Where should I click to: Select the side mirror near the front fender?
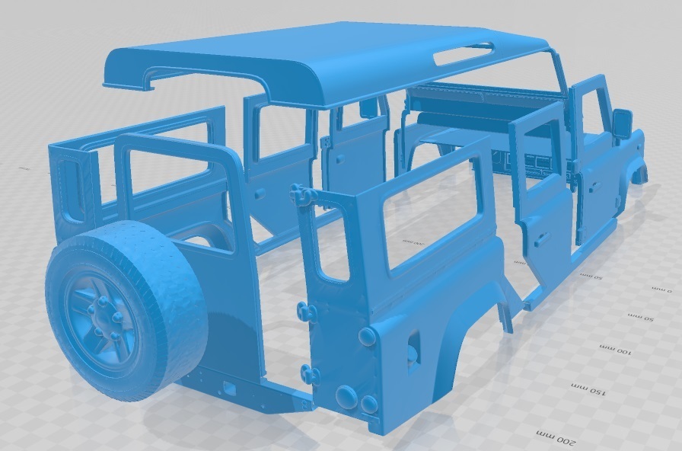coord(622,123)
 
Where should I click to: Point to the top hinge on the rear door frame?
coord(303,195)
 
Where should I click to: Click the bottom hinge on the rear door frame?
coord(308,373)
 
